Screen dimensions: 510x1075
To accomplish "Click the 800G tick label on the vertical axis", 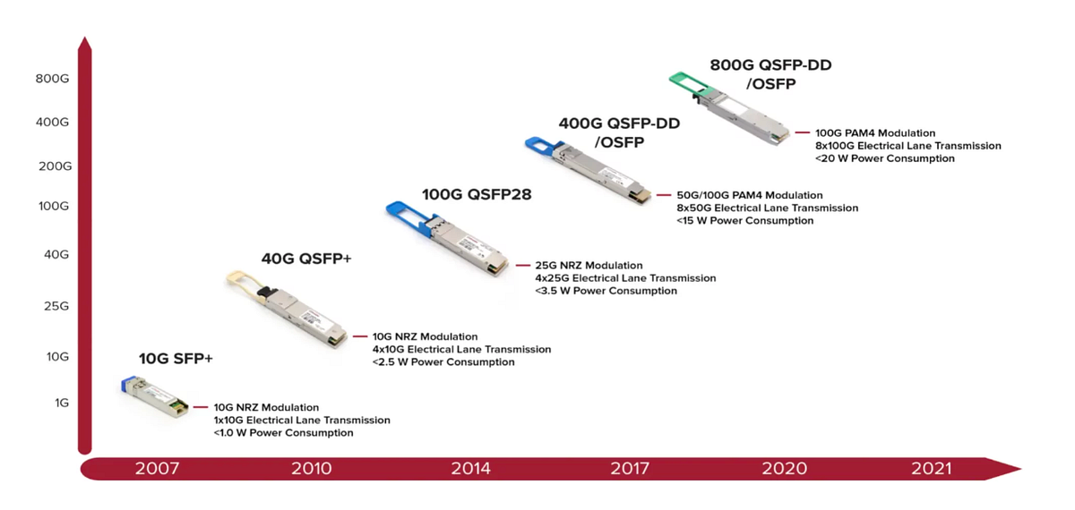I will [52, 79].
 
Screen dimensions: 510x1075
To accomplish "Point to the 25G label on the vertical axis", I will [56, 306].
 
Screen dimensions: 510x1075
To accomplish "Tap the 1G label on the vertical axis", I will [61, 403].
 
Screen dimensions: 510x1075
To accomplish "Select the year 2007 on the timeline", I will [157, 469].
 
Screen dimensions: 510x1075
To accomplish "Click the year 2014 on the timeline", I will [471, 469].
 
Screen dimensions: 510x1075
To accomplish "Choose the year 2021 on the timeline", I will [932, 469].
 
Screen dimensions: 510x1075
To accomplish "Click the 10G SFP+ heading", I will [176, 359].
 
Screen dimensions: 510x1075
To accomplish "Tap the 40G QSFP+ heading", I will [306, 259].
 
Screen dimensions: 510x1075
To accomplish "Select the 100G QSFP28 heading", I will [477, 194].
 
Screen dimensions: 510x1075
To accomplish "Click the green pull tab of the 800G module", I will [692, 81].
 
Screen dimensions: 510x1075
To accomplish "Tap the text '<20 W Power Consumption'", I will [884, 158].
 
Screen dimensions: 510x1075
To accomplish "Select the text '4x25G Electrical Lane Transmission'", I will [625, 278].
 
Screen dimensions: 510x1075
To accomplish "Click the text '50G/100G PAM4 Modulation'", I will [749, 195].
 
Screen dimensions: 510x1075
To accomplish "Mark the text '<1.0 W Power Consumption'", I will [283, 433].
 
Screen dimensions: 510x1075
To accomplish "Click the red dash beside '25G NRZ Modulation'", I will [522, 266].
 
